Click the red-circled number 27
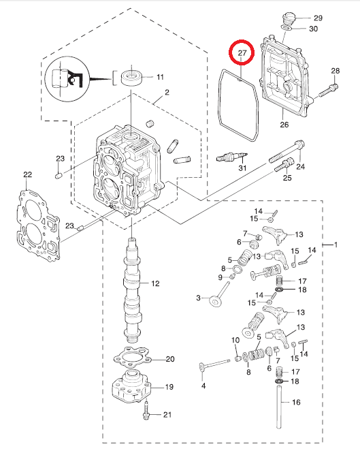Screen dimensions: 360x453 click(x=242, y=53)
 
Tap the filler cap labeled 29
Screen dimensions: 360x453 click(x=288, y=19)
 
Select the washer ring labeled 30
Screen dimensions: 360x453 click(x=286, y=28)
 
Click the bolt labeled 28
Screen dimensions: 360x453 click(x=329, y=91)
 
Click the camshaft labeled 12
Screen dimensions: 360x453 click(x=132, y=290)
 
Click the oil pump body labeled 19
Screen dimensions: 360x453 click(x=131, y=386)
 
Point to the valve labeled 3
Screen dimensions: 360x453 click(x=219, y=296)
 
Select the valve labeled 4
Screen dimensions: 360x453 click(x=214, y=364)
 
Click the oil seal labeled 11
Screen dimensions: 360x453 click(x=131, y=77)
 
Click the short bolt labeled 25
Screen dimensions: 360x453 click(x=284, y=165)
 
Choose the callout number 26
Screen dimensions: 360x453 click(x=284, y=125)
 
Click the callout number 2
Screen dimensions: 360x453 click(x=167, y=93)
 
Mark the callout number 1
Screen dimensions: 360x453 click(x=336, y=245)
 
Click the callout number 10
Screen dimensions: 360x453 click(x=235, y=340)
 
